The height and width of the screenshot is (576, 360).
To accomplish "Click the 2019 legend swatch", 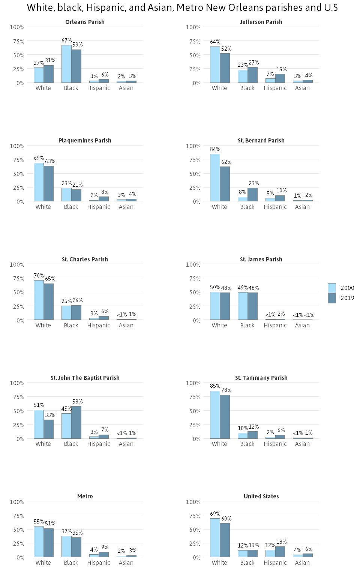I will pyautogui.click(x=331, y=298).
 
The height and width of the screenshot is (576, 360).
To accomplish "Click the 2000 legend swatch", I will pyautogui.click(x=331, y=288).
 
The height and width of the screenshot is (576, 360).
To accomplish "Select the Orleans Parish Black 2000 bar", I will pyautogui.click(x=66, y=64).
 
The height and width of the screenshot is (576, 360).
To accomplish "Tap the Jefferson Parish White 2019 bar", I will pyautogui.click(x=225, y=68).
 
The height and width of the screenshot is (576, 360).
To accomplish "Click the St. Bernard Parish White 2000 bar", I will pyautogui.click(x=215, y=177).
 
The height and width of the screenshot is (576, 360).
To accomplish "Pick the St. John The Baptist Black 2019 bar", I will pyautogui.click(x=76, y=422).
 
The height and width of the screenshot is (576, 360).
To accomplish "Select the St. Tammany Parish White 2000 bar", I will pyautogui.click(x=215, y=415).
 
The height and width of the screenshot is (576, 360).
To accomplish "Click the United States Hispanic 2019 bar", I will pyautogui.click(x=280, y=552).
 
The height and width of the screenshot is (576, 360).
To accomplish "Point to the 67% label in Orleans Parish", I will pyautogui.click(x=66, y=40).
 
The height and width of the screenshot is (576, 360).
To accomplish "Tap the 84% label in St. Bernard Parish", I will pyautogui.click(x=215, y=149).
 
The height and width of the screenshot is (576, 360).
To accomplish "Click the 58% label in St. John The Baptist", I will pyautogui.click(x=77, y=402).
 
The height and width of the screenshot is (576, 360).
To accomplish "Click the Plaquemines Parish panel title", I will pyautogui.click(x=85, y=141).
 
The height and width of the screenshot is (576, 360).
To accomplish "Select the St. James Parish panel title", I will pyautogui.click(x=261, y=259).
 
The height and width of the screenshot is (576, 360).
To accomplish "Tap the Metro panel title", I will pyautogui.click(x=85, y=496).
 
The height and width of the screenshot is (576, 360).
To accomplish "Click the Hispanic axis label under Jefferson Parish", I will pyautogui.click(x=275, y=88).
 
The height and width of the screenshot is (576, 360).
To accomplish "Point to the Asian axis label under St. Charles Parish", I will pyautogui.click(x=126, y=325).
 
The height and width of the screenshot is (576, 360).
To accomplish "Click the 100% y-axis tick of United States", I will pyautogui.click(x=193, y=502).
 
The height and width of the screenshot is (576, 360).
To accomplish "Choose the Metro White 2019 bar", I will pyautogui.click(x=48, y=543).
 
